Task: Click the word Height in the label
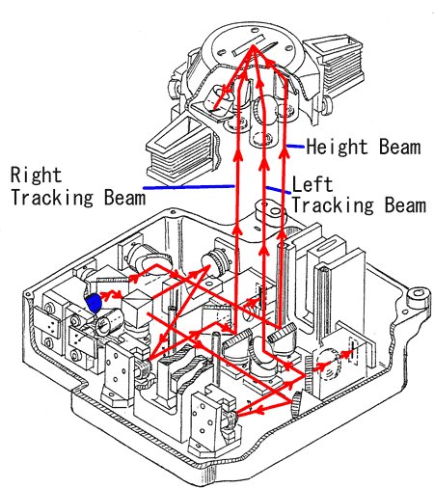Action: coord(337,147)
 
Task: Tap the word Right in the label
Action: coord(36,176)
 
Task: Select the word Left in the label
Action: coord(312,184)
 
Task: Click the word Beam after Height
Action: coord(399,147)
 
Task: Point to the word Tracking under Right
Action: coord(52,197)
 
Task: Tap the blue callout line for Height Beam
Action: coord(295,147)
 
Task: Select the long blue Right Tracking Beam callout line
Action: coord(188,186)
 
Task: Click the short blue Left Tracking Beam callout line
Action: coord(279,190)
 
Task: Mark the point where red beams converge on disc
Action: coord(253,46)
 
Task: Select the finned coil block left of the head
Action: coord(181,151)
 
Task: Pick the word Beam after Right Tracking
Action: coord(124,197)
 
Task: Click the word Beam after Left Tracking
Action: coord(406,204)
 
